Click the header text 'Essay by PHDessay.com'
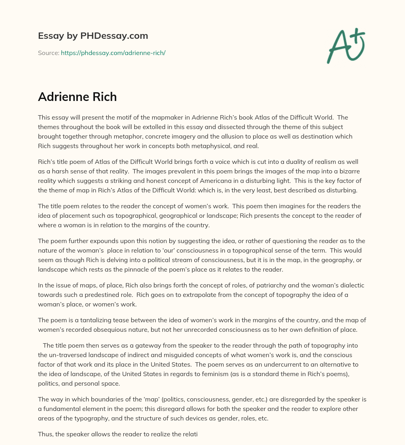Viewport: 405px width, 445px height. [93, 36]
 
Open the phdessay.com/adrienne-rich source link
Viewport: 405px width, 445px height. [113, 53]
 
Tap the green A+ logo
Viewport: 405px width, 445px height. [346, 46]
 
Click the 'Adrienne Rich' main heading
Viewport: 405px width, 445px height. [77, 97]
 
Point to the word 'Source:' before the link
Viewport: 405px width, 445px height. [49, 53]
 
